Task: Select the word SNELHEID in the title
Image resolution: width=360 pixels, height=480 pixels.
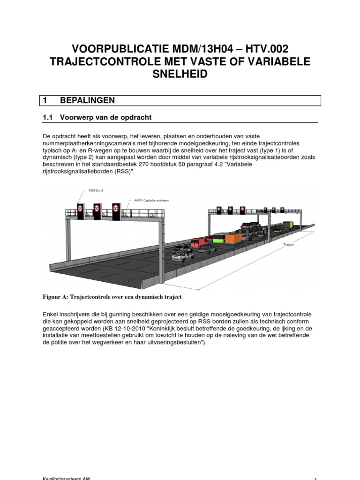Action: pyautogui.click(x=180, y=75)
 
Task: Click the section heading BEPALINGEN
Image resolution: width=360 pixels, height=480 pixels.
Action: pyautogui.click(x=88, y=100)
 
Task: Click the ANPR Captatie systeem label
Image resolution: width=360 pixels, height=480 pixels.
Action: pyautogui.click(x=151, y=200)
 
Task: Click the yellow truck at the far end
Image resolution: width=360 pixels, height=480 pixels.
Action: pyautogui.click(x=287, y=225)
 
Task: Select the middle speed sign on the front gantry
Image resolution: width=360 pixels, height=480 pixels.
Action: pyautogui.click(x=97, y=208)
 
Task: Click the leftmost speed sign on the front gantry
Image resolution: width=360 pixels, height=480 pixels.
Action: pyautogui.click(x=80, y=208)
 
